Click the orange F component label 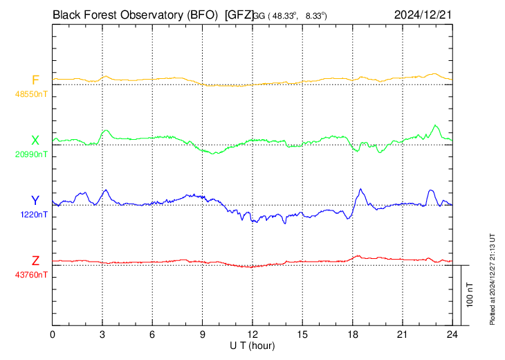pos(35,80)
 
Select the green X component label pos(35,140)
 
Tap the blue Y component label pos(35,201)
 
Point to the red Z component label pos(35,260)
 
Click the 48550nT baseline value pos(32,93)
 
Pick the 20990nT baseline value pos(32,154)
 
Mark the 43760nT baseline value pos(32,275)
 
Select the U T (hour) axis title pos(252,345)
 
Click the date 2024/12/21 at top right pos(422,14)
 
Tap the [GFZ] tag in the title pos(240,14)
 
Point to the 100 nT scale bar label pos(470,294)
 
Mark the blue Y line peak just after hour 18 pos(361,189)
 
